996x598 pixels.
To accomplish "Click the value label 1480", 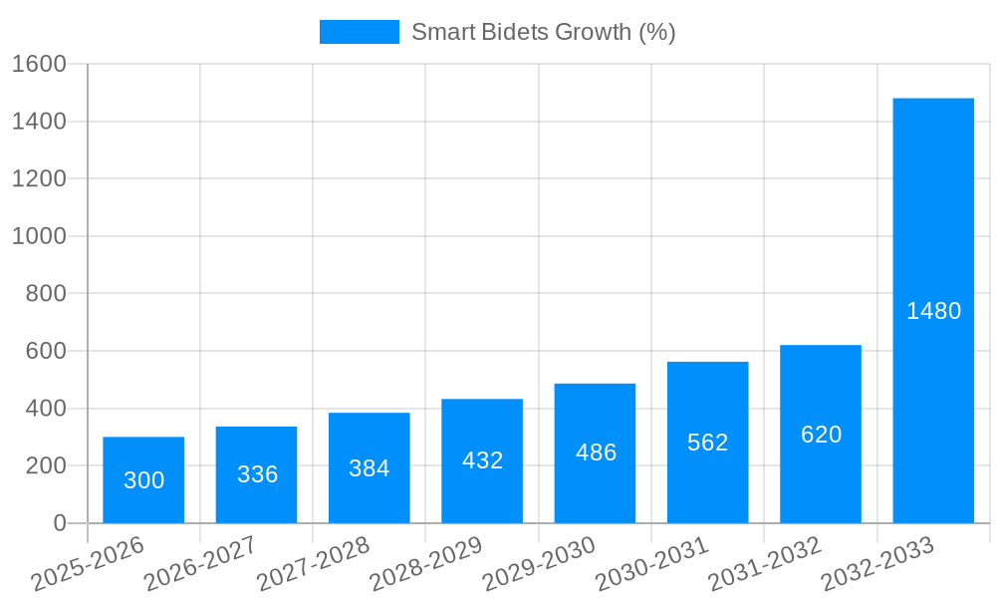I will click(x=933, y=311).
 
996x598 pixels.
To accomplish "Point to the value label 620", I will click(x=821, y=435).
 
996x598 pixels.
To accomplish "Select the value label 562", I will click(x=707, y=443).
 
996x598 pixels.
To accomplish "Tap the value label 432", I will click(x=482, y=460).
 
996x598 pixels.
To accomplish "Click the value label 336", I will click(x=257, y=474).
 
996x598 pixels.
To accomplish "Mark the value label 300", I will click(x=143, y=480).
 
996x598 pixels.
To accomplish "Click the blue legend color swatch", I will click(x=359, y=32).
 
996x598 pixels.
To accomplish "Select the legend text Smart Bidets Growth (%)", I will click(x=543, y=32).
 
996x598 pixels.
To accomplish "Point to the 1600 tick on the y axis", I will click(x=39, y=64).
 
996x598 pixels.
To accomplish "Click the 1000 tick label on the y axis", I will click(x=39, y=236).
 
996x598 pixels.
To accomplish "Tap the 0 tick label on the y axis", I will click(x=59, y=523).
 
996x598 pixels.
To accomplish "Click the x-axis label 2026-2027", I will click(x=200, y=564).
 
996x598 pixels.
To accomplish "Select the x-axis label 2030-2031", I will click(x=651, y=564).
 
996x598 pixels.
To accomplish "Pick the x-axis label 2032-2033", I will click(x=877, y=564).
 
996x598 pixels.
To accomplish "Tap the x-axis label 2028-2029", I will click(x=426, y=564).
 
